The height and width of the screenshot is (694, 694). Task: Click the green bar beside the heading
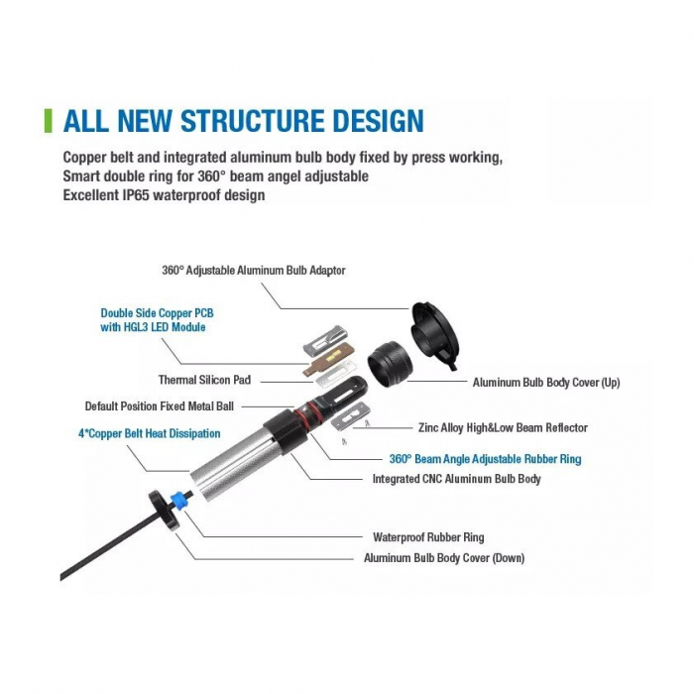(x=49, y=121)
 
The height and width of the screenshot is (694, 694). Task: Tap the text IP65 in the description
(x=136, y=195)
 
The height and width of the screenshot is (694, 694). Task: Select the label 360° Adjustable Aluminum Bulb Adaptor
(x=254, y=270)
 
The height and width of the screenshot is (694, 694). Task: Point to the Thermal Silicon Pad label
(x=204, y=380)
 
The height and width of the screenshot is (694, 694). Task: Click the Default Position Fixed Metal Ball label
(x=160, y=406)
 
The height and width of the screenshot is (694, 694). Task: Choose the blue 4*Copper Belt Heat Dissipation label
(x=149, y=433)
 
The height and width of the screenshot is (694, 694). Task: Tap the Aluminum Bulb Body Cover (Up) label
(x=546, y=383)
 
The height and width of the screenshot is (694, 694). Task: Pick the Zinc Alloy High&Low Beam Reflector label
(x=504, y=427)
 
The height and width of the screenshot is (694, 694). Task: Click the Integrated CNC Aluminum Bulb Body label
(x=457, y=479)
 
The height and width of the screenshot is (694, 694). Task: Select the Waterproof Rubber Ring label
(x=428, y=537)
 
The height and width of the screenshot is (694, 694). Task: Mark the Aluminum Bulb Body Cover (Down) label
(x=444, y=557)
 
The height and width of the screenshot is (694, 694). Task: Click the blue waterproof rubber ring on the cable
(x=177, y=500)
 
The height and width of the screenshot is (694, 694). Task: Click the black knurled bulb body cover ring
(x=390, y=363)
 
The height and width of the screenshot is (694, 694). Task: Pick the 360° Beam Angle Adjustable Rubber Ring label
(x=485, y=459)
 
